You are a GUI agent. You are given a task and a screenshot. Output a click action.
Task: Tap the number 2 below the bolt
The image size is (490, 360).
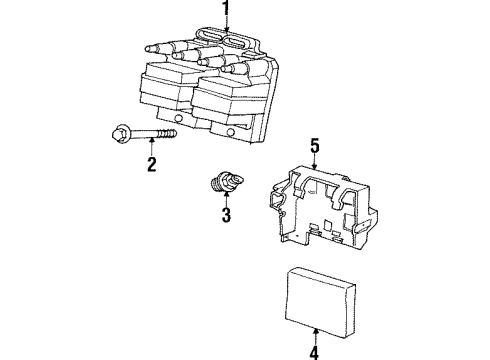click(x=152, y=166)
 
